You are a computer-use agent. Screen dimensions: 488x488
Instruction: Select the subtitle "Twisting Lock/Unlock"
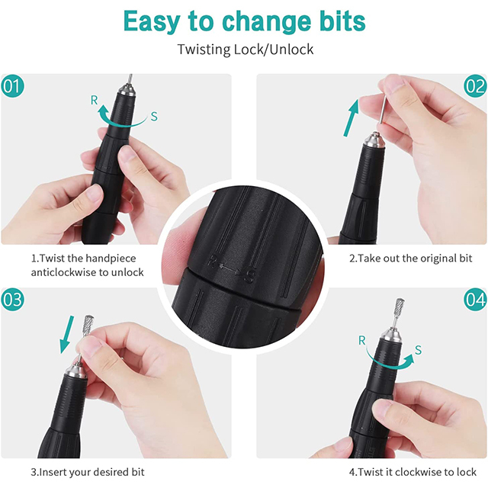[245, 50]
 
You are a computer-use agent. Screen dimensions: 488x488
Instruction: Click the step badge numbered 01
[13, 86]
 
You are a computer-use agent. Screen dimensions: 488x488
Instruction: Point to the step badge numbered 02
[474, 86]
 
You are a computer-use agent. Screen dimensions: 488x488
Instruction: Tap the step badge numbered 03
[13, 300]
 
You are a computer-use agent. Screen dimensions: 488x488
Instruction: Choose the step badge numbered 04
[474, 300]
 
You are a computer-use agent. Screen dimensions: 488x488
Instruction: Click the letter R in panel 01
[93, 100]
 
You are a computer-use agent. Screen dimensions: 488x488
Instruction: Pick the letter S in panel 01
[154, 116]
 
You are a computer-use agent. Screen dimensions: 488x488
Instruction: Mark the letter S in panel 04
[418, 352]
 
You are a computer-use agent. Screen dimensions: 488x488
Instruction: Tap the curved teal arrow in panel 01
[122, 116]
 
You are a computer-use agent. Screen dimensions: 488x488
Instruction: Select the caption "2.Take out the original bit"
[410, 258]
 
